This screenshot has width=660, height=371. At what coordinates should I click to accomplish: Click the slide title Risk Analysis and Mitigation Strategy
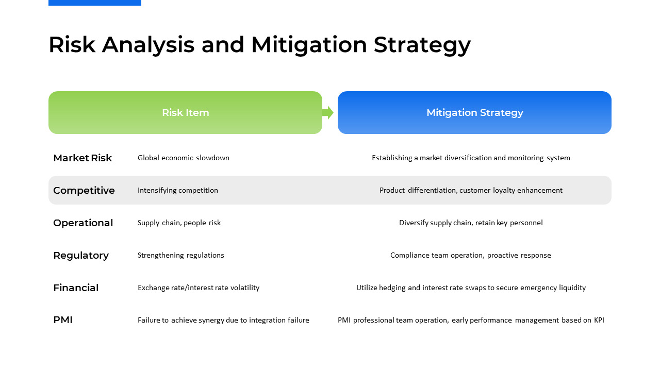(x=259, y=45)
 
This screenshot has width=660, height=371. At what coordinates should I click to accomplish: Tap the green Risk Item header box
(x=185, y=112)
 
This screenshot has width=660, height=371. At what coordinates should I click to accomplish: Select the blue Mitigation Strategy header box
(x=474, y=112)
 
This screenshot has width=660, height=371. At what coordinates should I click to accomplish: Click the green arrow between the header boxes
(x=328, y=112)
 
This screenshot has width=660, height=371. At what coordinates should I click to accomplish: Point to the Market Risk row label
(x=82, y=158)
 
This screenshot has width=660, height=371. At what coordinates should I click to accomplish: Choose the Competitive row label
(x=84, y=191)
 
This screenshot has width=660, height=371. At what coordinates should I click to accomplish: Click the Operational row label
(x=83, y=223)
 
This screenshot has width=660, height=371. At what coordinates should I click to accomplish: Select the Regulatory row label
(x=81, y=256)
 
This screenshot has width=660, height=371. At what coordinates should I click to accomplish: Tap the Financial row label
(x=76, y=288)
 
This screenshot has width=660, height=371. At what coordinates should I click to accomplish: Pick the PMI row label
(x=63, y=320)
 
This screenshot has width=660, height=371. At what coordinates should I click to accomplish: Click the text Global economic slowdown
(x=184, y=158)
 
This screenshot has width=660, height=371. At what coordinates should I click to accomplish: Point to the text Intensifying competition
(x=178, y=191)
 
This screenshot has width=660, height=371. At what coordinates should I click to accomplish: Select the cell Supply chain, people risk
(x=179, y=223)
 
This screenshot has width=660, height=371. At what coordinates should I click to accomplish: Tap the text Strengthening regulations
(x=181, y=255)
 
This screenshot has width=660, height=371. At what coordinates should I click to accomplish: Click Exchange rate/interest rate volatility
(x=199, y=288)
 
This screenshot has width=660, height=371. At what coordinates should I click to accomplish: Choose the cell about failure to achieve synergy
(x=223, y=320)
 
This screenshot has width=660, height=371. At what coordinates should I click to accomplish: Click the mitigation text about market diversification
(x=471, y=158)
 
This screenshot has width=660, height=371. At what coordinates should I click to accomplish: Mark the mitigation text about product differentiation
(x=471, y=191)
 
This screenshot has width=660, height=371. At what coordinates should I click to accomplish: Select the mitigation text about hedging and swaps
(x=471, y=288)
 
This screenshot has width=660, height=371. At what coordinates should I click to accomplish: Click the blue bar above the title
(x=95, y=3)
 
